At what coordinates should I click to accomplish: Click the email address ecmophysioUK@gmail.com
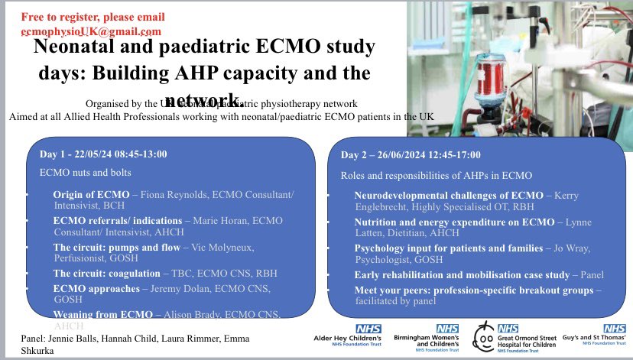click(x=91, y=31)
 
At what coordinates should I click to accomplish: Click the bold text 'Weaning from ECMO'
click(x=102, y=314)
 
